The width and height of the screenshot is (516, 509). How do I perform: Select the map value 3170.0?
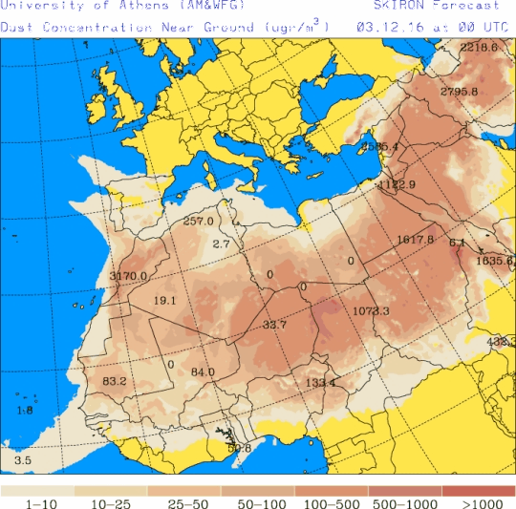tap(128, 276)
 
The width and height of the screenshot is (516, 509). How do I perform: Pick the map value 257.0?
tap(198, 222)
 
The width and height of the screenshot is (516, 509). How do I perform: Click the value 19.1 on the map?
tap(164, 300)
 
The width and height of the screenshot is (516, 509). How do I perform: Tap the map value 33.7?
tap(274, 326)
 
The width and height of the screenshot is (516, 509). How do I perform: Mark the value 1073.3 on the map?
tap(371, 311)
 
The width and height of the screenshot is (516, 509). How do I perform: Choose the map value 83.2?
tap(114, 381)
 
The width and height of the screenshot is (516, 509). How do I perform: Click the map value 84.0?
tap(203, 372)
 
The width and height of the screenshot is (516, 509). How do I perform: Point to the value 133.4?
tap(321, 383)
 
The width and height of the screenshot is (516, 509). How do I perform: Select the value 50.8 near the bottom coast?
tap(239, 448)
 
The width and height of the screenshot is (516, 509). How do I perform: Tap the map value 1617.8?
tap(415, 239)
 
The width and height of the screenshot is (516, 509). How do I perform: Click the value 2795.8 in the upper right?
tap(460, 92)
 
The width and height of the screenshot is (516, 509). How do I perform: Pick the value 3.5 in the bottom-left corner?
tap(22, 460)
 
